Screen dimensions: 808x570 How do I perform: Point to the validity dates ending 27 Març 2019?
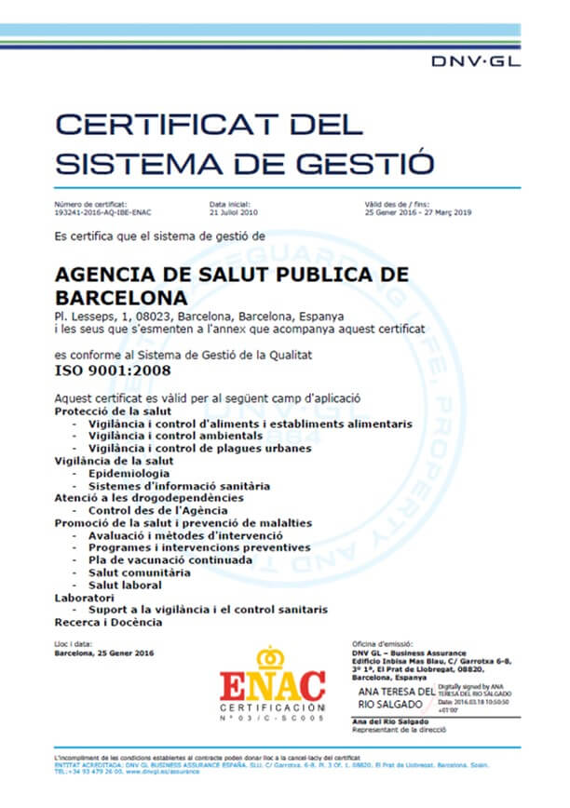click(x=418, y=212)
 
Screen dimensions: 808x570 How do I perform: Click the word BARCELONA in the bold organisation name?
click(x=121, y=299)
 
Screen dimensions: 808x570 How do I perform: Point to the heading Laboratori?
click(x=84, y=598)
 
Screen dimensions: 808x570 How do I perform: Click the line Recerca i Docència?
click(x=108, y=622)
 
